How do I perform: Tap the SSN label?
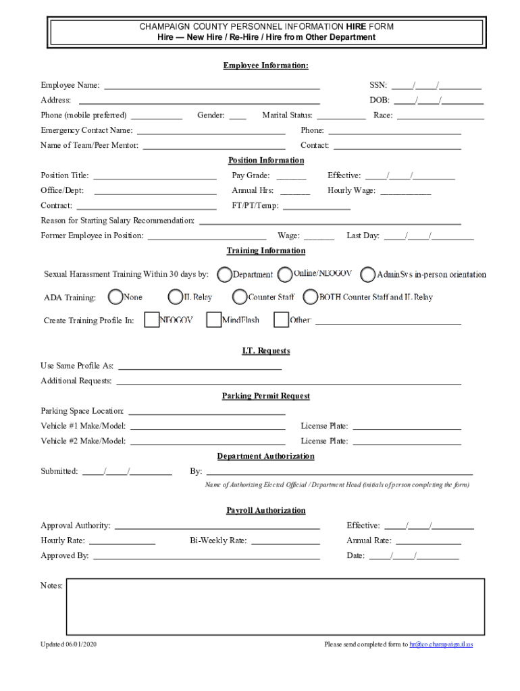pyautogui.click(x=378, y=85)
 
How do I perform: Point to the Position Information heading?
pyautogui.click(x=266, y=161)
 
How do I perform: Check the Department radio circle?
pyautogui.click(x=224, y=275)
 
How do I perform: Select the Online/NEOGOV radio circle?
pyautogui.click(x=285, y=274)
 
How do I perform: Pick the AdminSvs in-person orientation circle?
pyautogui.click(x=367, y=275)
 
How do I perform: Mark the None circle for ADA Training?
pyautogui.click(x=115, y=297)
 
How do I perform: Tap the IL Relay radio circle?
pyautogui.click(x=175, y=297)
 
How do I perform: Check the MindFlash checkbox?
pyautogui.click(x=213, y=320)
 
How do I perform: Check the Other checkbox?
pyautogui.click(x=281, y=320)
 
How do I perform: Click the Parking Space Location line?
pyautogui.click(x=207, y=412)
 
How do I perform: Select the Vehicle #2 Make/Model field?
pyautogui.click(x=207, y=443)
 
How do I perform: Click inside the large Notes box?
pyautogui.click(x=275, y=607)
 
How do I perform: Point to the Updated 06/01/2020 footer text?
pyautogui.click(x=69, y=644)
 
